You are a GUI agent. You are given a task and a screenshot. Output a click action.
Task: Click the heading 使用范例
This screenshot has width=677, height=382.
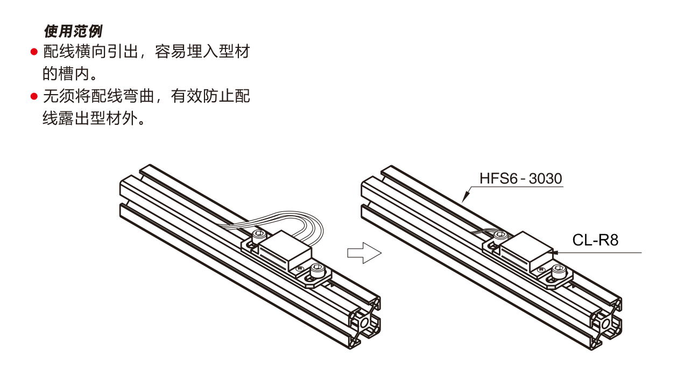[73, 31]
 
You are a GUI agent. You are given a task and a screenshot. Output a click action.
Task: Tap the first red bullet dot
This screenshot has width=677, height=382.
[34, 53]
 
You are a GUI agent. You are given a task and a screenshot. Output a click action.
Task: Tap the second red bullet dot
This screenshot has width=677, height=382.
[34, 97]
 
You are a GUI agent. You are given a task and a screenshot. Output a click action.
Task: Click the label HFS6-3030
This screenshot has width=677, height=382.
[520, 179]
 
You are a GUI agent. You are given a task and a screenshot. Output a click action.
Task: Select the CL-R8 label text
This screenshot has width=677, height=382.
[595, 240]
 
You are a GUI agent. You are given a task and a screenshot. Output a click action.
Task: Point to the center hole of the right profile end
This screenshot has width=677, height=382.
[606, 323]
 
